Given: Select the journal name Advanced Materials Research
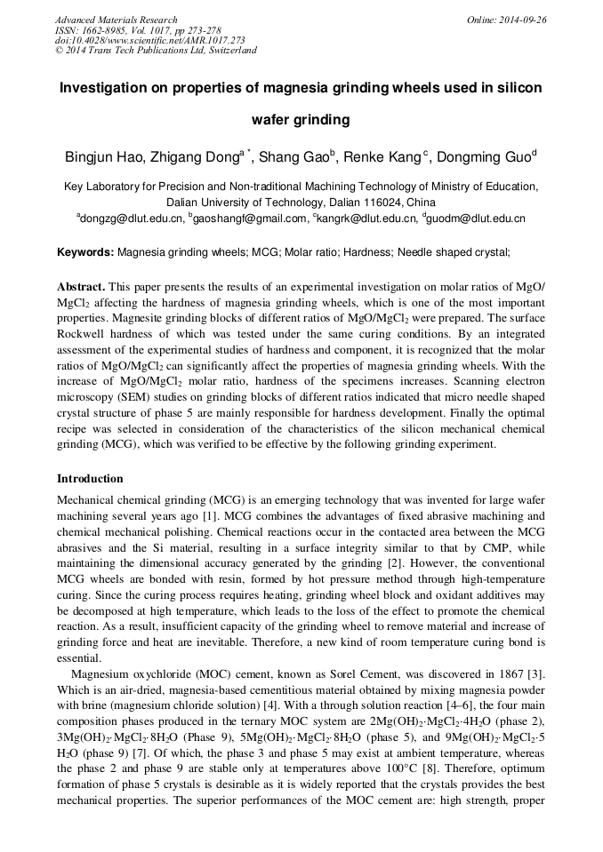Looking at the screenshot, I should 116,20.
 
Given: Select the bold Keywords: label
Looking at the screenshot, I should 85,252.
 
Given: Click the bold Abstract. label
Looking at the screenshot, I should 82,288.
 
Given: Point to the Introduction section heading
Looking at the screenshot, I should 90,479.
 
